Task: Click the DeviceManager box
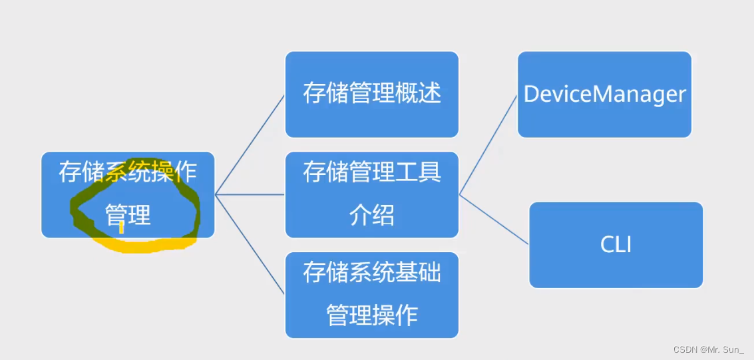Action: [x=604, y=94]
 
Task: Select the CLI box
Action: [x=616, y=245]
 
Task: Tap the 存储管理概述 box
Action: [x=371, y=94]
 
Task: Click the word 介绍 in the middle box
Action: [x=371, y=216]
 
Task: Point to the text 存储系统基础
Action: [x=371, y=271]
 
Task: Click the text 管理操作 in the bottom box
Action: [x=371, y=314]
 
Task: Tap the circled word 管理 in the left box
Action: [x=128, y=215]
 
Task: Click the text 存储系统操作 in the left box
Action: [x=127, y=172]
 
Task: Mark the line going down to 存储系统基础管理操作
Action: [x=250, y=244]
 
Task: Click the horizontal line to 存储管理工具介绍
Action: [x=250, y=194]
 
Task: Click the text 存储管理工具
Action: [x=371, y=173]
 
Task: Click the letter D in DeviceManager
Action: [x=531, y=94]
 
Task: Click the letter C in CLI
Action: [x=606, y=245]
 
